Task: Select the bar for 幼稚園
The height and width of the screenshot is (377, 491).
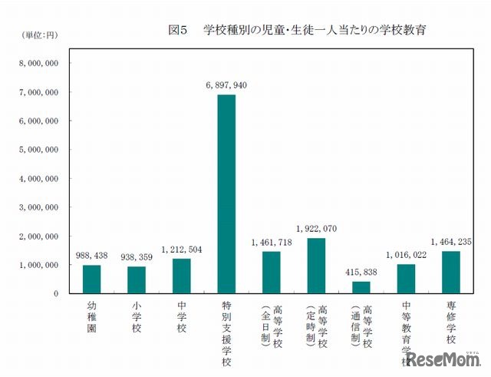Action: [92, 279]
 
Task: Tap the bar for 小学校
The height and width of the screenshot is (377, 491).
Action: [137, 280]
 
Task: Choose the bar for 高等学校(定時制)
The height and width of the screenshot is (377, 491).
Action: [316, 266]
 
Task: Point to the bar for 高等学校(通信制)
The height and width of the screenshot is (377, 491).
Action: [361, 287]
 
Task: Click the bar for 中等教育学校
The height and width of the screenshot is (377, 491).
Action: [406, 279]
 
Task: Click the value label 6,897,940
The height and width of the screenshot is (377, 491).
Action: [227, 85]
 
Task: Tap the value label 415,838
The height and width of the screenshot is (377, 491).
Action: [361, 272]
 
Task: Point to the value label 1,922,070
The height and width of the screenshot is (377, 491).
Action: [316, 229]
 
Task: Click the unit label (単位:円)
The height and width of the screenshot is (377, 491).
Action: [33, 35]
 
